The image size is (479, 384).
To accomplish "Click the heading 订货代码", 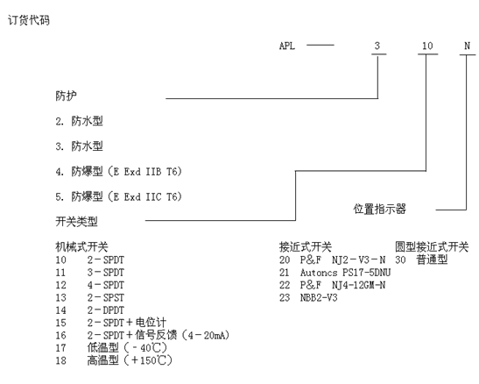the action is (x=28, y=20).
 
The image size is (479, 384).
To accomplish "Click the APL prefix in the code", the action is (x=287, y=46).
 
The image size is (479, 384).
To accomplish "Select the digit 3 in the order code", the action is (x=377, y=46).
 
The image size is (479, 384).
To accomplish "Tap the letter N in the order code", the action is (x=467, y=46).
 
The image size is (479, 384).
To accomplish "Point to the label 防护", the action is (x=66, y=96).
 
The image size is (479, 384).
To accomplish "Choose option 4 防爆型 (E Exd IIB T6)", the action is (x=118, y=172).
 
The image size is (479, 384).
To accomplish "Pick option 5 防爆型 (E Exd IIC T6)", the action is (x=118, y=196).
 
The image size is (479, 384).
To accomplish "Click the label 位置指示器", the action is (x=380, y=210).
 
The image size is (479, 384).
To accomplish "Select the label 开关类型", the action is (x=76, y=221).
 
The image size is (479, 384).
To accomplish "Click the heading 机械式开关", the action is (x=81, y=246).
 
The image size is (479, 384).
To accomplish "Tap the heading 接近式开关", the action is (x=306, y=246).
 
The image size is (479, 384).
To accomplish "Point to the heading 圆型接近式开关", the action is (x=432, y=246).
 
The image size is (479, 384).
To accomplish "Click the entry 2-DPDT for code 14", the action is (x=106, y=310).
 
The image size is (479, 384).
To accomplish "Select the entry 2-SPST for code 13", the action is (x=106, y=298).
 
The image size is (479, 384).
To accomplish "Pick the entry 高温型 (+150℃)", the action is (x=130, y=360).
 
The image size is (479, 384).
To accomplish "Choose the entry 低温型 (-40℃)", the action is (x=127, y=348).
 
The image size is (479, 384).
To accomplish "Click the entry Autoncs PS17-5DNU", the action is (x=346, y=273).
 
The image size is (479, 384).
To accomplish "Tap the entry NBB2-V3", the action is (x=319, y=298).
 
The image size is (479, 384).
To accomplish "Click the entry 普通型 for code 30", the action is (x=432, y=260).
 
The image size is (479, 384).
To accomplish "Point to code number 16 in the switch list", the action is (x=60, y=336).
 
